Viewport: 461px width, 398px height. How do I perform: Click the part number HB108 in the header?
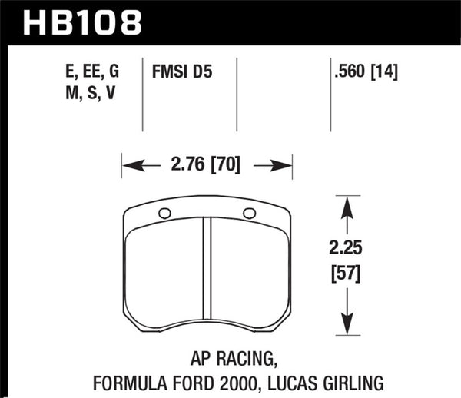(x=83, y=22)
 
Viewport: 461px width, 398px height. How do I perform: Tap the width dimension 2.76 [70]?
(x=206, y=164)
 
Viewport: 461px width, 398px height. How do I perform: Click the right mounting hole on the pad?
(x=248, y=213)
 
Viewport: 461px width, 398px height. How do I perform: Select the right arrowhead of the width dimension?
(x=285, y=164)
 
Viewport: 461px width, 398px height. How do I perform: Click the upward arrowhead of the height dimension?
(x=347, y=204)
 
